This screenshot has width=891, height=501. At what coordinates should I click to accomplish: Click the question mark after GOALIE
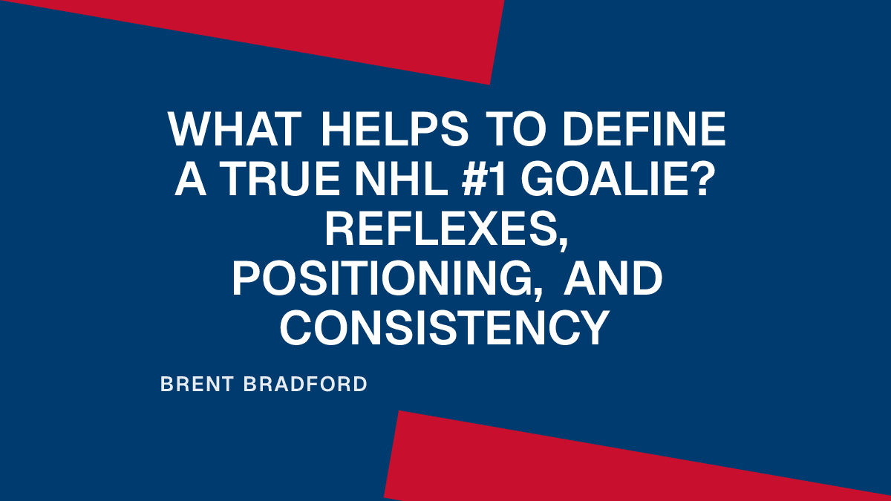(707, 179)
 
